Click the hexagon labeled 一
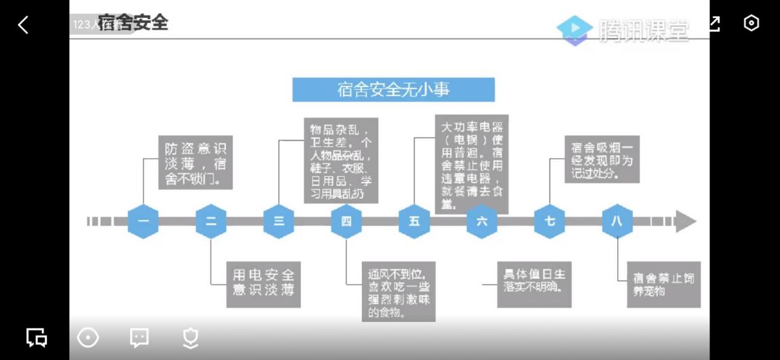143,221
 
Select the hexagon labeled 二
211,221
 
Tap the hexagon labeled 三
279,221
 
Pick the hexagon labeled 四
347,221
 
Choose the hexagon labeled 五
414,221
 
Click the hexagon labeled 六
482,221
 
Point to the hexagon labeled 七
550,221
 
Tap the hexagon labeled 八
617,221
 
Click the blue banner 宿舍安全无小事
393,90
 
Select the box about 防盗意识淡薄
195,164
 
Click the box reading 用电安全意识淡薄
263,282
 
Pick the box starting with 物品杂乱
341,161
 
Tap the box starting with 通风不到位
398,292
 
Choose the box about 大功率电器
472,164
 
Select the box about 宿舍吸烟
602,159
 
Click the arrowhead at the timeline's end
685,221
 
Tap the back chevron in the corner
23,25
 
